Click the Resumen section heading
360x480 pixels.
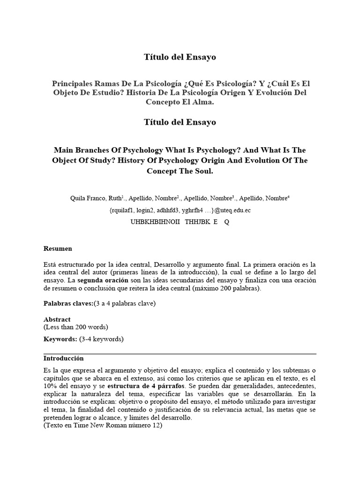[58, 248]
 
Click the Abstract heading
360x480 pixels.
[57, 319]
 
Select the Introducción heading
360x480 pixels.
[63, 358]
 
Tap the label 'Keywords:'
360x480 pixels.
[60, 339]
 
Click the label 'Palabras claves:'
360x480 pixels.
[68, 303]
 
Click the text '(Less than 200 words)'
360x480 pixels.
[75, 327]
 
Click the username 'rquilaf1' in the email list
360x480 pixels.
[123, 210]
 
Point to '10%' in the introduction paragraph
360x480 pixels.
[51, 386]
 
